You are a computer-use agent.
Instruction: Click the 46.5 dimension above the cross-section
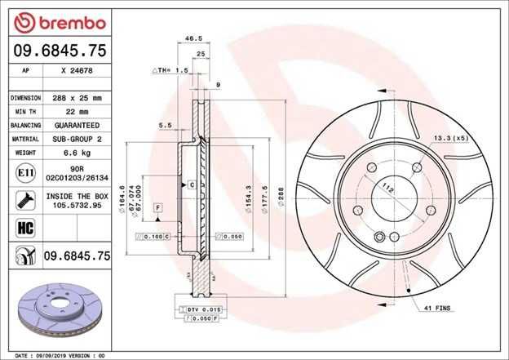pos(193,38)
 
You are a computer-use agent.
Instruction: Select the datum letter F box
pos(157,209)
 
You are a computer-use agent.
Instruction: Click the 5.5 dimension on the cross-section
pos(163,125)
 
